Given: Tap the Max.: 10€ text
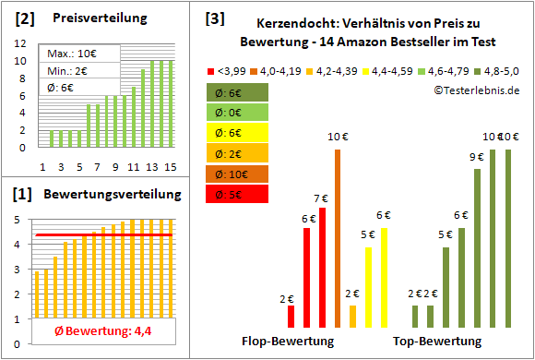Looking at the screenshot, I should pyautogui.click(x=68, y=54).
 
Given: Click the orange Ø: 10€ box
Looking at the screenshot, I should pyautogui.click(x=237, y=174).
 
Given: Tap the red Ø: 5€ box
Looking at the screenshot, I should pyautogui.click(x=237, y=195).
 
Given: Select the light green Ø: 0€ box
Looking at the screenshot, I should pyautogui.click(x=237, y=113).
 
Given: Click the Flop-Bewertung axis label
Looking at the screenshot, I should pyautogui.click(x=288, y=342).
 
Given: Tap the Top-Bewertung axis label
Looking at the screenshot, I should pyautogui.click(x=437, y=342).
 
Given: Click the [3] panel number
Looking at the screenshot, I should pyautogui.click(x=214, y=18).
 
